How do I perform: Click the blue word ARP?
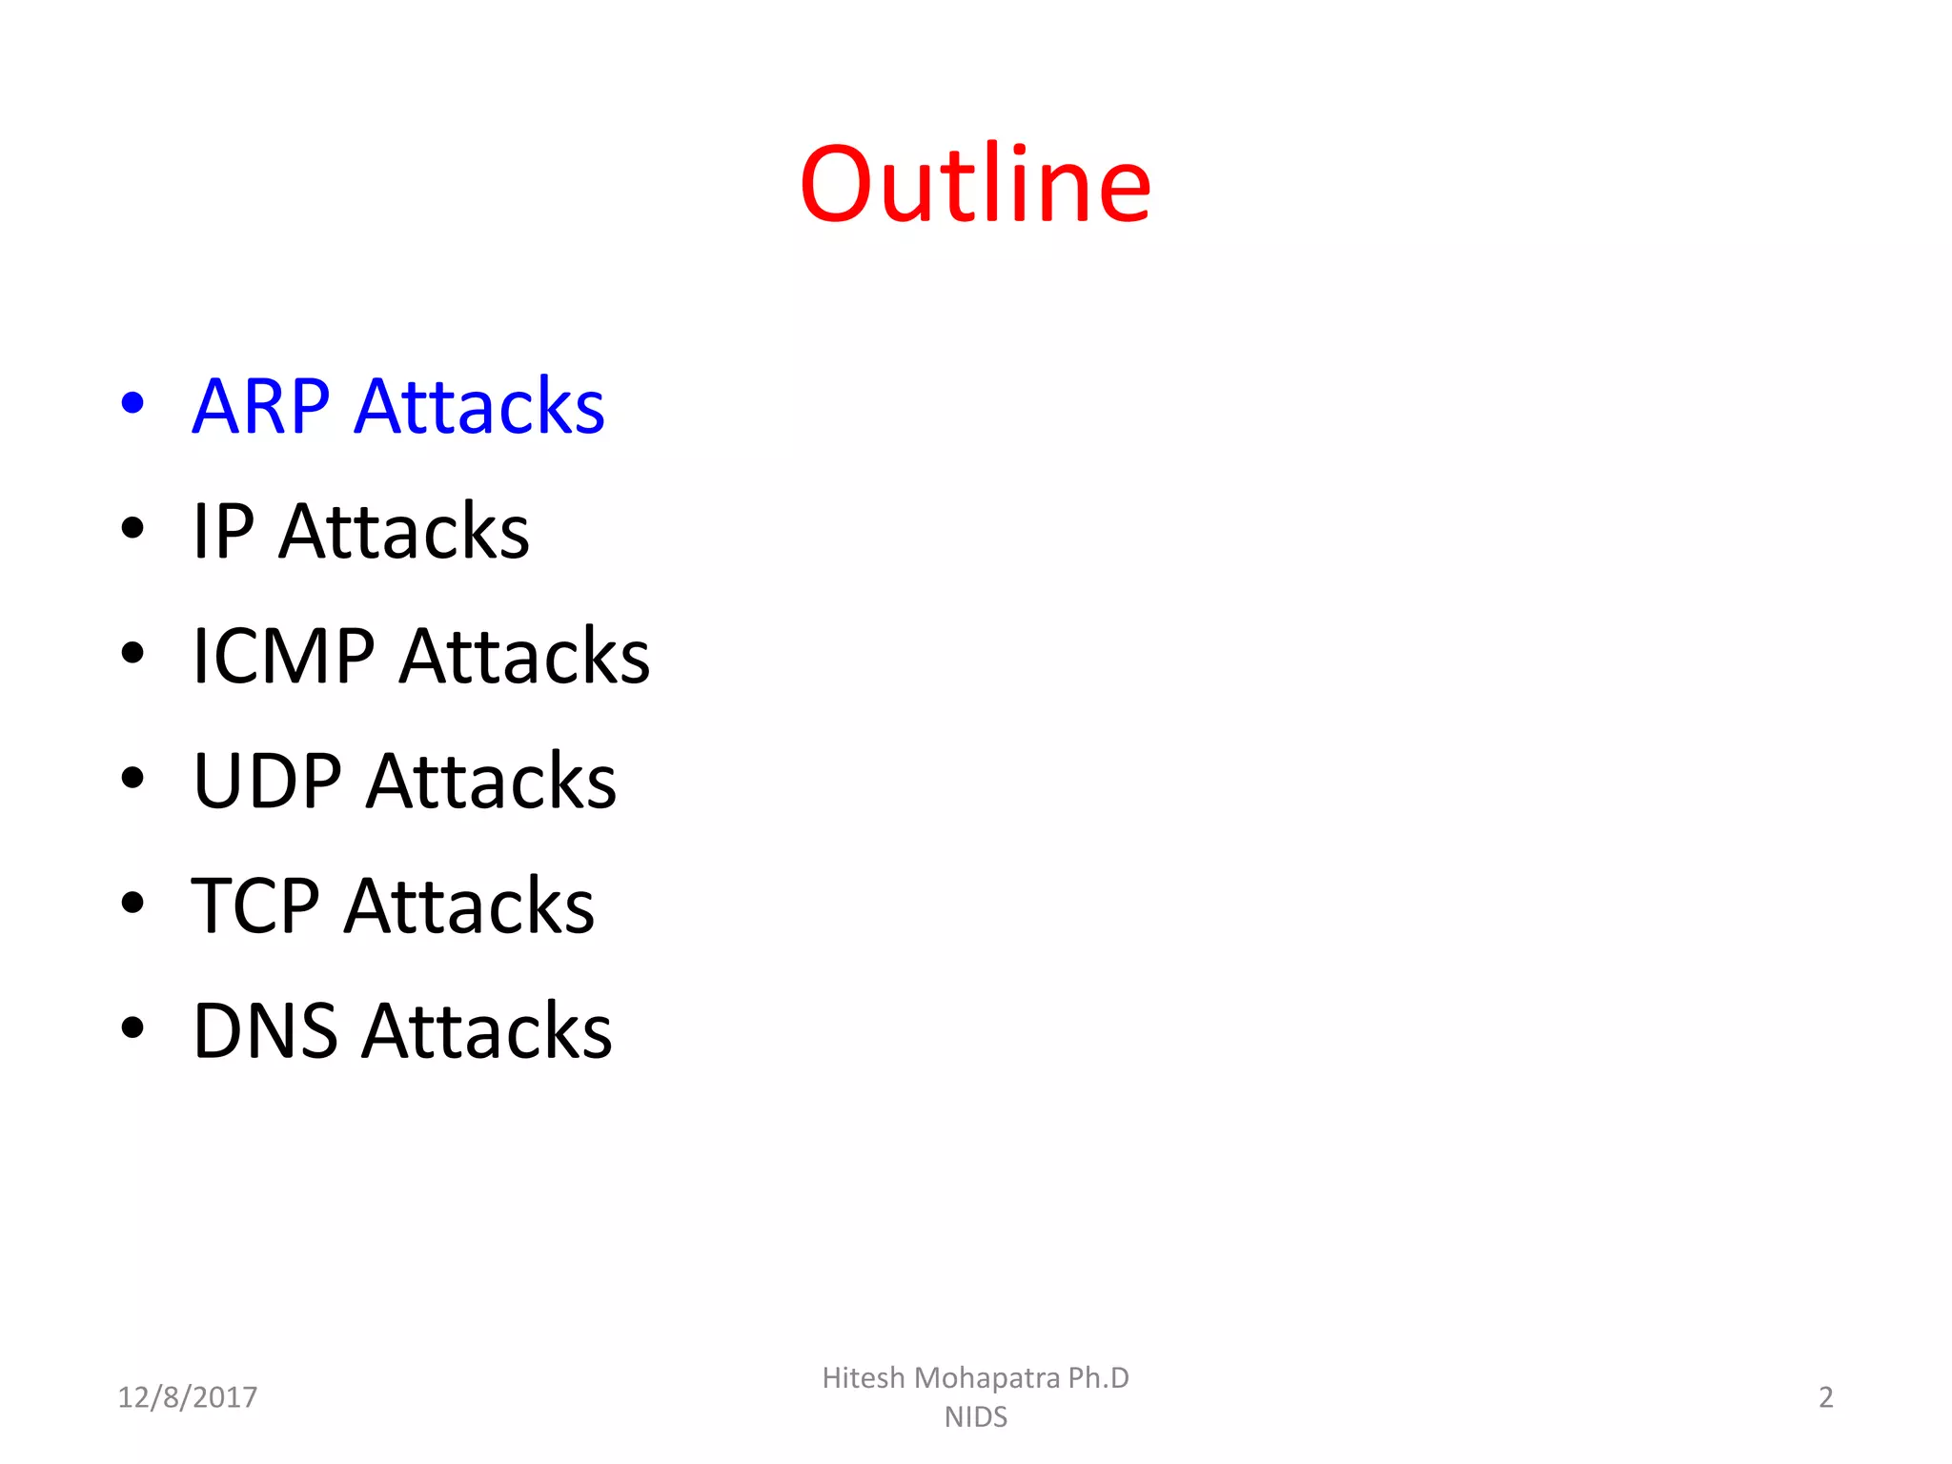[260, 407]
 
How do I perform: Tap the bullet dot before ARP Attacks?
[132, 403]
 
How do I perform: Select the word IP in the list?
[223, 531]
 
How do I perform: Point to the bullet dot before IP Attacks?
[132, 528]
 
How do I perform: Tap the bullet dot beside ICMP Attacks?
[132, 653]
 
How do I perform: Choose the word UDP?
[267, 782]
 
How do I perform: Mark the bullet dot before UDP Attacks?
[132, 778]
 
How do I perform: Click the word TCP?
[254, 906]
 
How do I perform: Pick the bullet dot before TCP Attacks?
[132, 903]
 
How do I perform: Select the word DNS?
[265, 1031]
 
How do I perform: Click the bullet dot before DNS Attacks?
[132, 1027]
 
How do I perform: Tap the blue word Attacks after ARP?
[479, 407]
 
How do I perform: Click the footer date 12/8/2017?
[187, 1397]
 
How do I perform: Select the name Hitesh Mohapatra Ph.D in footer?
[975, 1378]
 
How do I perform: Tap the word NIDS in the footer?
[975, 1417]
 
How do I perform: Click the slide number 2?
[1825, 1397]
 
